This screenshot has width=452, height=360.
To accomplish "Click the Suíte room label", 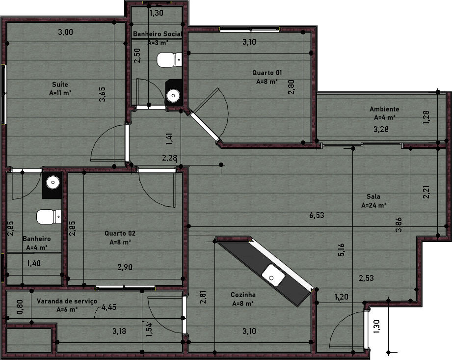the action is (60, 84).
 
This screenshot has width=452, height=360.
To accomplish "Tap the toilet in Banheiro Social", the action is (169, 60).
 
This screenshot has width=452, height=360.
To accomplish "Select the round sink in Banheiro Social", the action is (173, 95).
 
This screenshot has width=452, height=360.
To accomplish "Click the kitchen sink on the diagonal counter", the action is (273, 276).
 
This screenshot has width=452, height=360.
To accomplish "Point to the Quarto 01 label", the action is (267, 73).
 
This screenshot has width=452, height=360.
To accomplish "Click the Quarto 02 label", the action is (120, 233).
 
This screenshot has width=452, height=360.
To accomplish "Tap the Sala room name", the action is (373, 196).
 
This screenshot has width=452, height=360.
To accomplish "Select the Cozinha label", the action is (243, 295).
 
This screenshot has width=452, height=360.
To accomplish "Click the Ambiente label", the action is (384, 109).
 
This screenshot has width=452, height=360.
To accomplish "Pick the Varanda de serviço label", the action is (67, 301).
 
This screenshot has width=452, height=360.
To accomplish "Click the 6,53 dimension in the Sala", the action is (317, 215).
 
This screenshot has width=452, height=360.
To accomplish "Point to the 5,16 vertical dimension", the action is (341, 250).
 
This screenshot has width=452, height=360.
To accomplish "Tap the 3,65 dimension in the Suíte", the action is (103, 94).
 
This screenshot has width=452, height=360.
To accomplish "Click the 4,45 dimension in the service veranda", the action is (109, 307).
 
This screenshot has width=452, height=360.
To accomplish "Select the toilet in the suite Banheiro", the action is (49, 217).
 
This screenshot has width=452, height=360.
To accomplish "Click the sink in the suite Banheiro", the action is (53, 182).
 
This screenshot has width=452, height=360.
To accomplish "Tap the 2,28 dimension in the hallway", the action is (169, 158).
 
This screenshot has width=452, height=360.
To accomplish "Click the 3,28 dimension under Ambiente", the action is (381, 129).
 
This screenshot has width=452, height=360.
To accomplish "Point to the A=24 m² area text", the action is (373, 205).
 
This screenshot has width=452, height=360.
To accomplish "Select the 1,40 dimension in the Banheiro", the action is (34, 263).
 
